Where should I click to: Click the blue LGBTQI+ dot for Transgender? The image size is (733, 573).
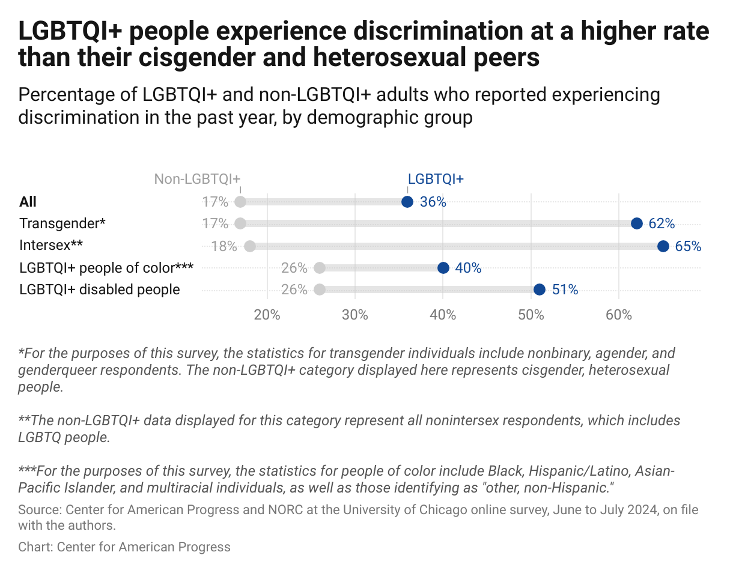click(x=637, y=223)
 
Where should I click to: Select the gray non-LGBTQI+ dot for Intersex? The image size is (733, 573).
click(x=250, y=246)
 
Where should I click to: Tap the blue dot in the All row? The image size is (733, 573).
click(x=407, y=202)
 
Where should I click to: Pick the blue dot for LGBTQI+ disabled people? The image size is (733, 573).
click(x=540, y=290)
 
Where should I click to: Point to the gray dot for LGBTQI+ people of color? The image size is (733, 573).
click(x=320, y=268)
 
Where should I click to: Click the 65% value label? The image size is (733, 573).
click(x=688, y=246)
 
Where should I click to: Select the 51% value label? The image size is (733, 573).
click(x=565, y=290)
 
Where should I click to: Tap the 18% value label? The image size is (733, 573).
click(x=224, y=246)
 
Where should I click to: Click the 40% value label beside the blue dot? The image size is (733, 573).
click(x=468, y=268)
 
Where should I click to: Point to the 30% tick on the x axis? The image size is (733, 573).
click(x=354, y=315)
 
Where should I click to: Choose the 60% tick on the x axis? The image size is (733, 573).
click(x=618, y=315)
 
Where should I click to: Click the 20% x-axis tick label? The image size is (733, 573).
click(x=267, y=315)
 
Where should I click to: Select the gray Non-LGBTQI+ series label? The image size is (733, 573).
click(x=197, y=179)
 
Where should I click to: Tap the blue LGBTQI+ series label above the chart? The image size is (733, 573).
click(x=436, y=179)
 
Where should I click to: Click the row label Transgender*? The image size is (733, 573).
click(x=62, y=223)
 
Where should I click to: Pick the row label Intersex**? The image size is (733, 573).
click(x=50, y=246)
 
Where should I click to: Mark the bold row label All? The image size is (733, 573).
click(x=28, y=202)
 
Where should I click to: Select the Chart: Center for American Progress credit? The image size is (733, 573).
click(x=124, y=547)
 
